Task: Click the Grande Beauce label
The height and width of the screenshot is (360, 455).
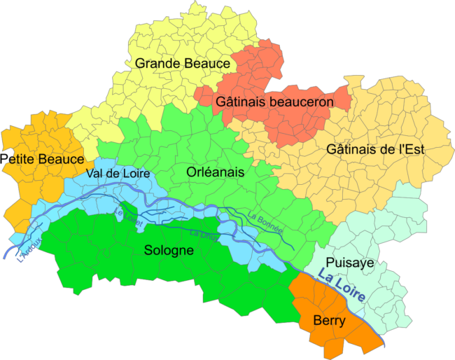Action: coord(183,64)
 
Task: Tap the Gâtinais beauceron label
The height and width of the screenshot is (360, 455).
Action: coord(274,102)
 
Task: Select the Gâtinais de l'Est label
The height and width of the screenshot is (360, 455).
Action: coord(375,149)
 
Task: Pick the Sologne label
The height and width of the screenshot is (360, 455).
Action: coord(169,250)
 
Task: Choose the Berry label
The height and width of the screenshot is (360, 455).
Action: coord(329,321)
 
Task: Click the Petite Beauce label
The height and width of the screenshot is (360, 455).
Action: coord(43,159)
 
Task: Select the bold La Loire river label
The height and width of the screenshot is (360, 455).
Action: coord(341,286)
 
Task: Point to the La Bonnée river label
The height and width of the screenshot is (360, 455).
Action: coord(265,222)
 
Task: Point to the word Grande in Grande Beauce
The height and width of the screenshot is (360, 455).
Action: coord(156,64)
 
